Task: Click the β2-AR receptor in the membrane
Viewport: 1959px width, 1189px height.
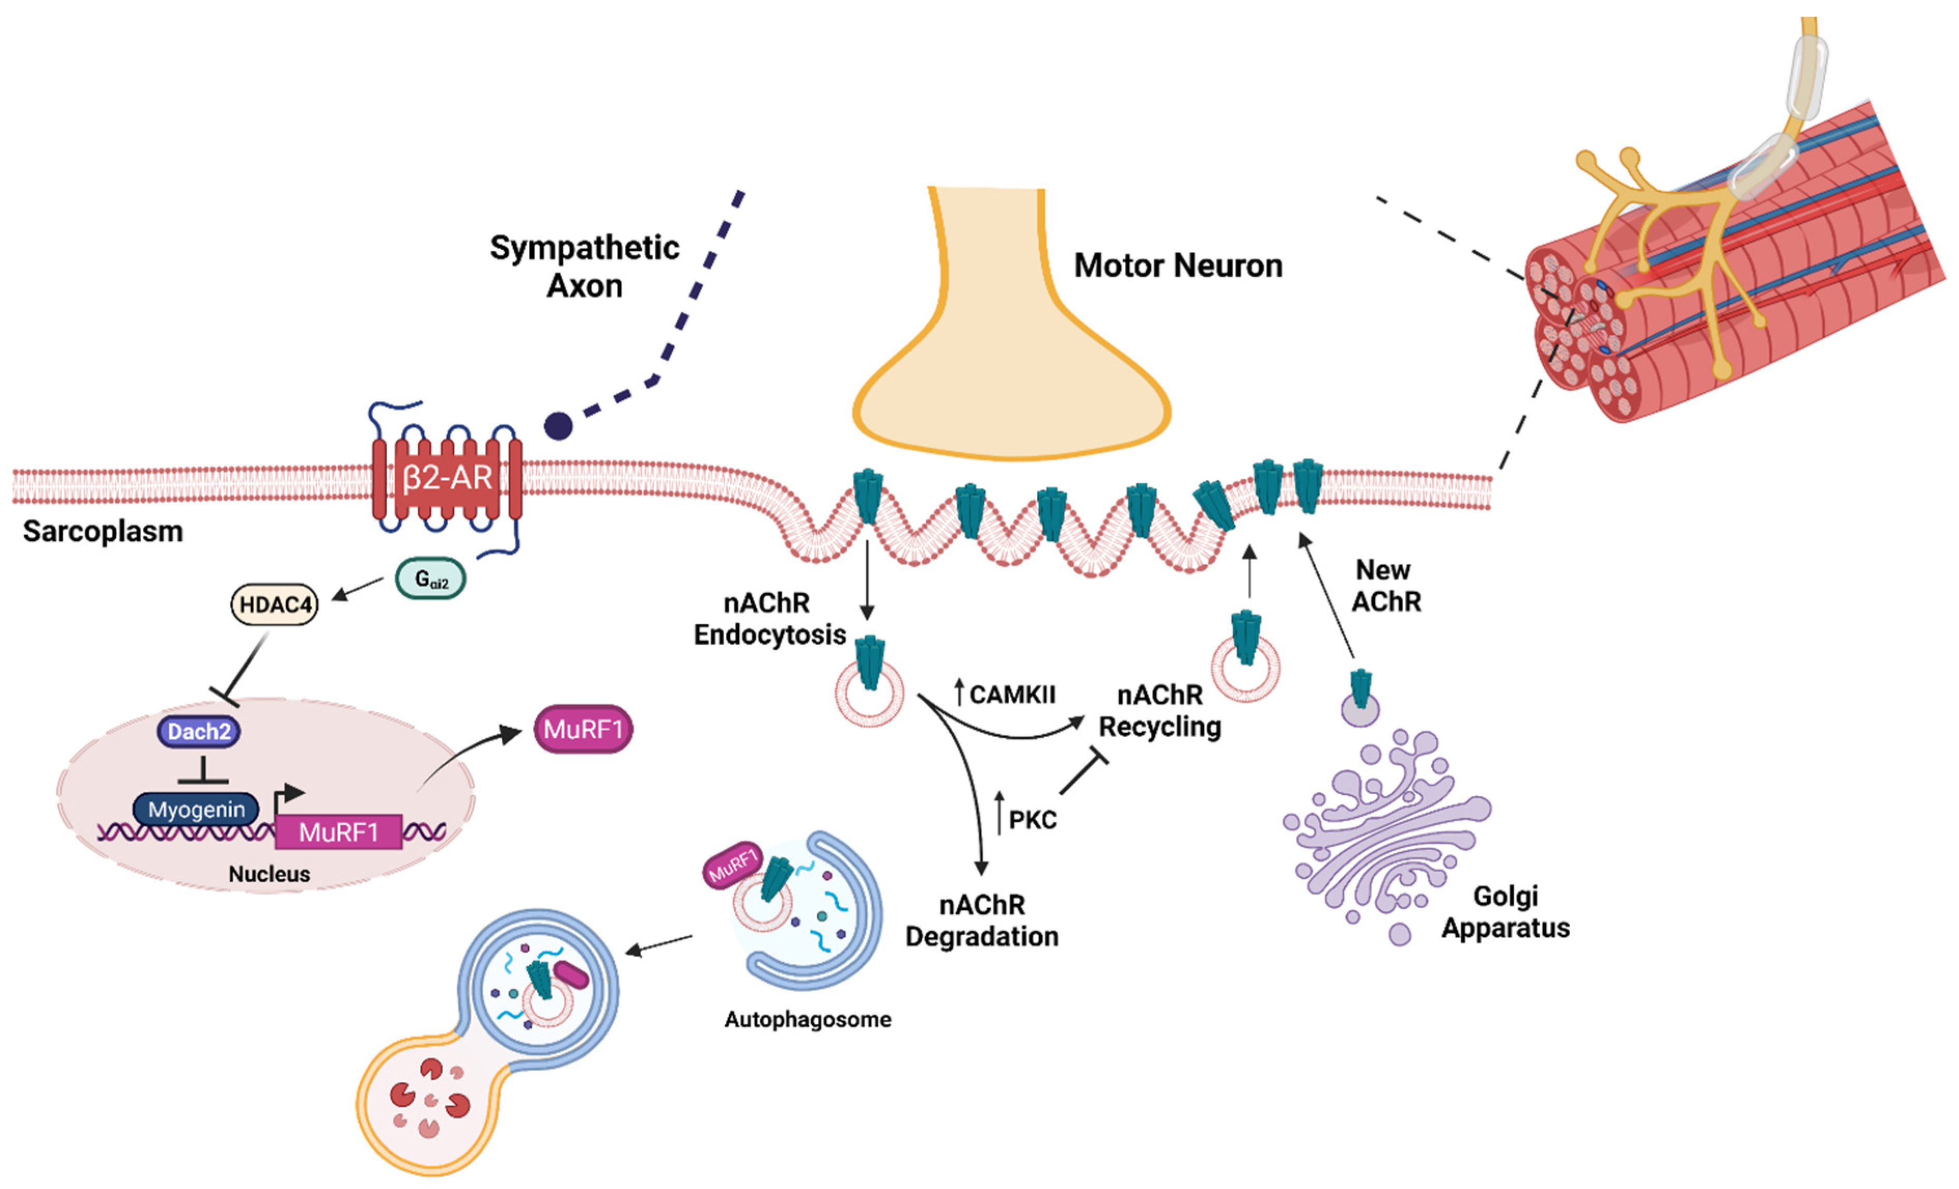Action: [447, 479]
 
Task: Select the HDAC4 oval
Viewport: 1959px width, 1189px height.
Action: [274, 605]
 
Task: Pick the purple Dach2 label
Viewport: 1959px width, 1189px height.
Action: [199, 731]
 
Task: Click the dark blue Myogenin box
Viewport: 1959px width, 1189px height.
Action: [195, 810]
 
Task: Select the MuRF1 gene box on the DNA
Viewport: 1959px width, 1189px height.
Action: [338, 832]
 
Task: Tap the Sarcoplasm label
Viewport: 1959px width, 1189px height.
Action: [103, 531]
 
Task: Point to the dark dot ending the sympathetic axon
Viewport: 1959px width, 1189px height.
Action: [558, 426]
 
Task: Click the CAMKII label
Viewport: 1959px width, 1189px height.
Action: [1011, 695]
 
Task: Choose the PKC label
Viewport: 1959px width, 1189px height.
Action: [1032, 820]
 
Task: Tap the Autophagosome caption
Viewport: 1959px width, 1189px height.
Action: [807, 1020]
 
